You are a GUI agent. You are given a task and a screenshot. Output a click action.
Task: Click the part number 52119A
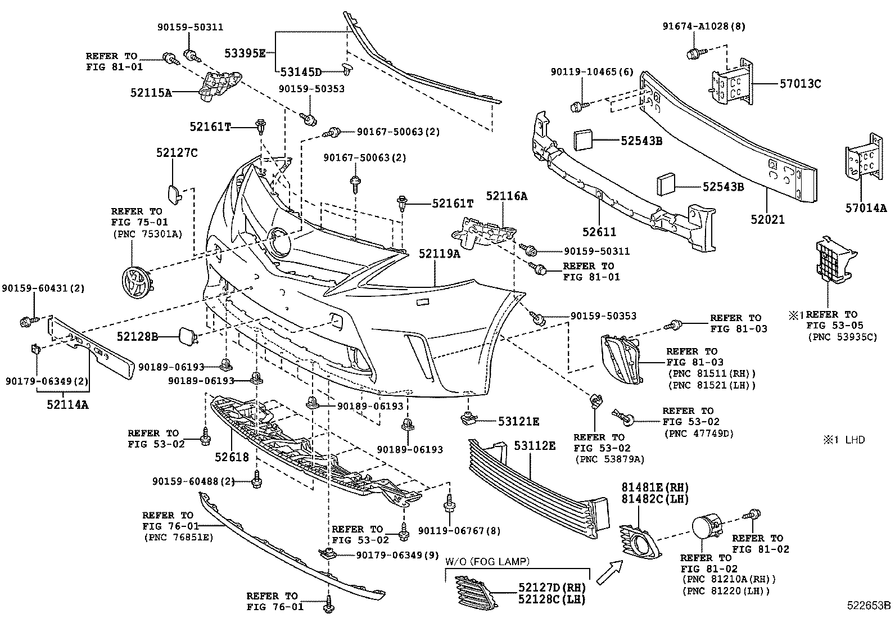(x=439, y=254)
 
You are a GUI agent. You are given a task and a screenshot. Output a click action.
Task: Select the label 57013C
(x=800, y=84)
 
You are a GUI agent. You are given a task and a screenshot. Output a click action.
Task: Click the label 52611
(x=599, y=232)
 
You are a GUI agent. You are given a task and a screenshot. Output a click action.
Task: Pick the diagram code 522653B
(x=870, y=606)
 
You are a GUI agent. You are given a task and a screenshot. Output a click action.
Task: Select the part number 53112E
(x=535, y=446)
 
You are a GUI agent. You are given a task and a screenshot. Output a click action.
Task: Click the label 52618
(x=231, y=457)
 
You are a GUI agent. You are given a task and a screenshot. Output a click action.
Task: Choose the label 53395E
(x=245, y=53)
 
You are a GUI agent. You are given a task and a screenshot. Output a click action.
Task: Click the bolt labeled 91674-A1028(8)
(x=693, y=53)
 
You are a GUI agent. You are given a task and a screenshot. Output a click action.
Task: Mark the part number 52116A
(x=507, y=196)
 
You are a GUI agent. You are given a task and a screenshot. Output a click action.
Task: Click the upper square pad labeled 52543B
(x=583, y=140)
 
